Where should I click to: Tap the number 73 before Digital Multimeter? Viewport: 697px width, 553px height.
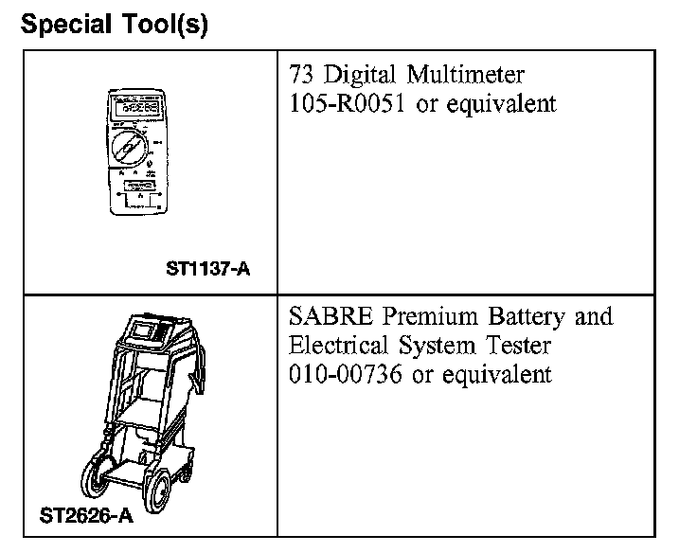point(300,76)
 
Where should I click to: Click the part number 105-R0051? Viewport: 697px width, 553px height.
point(348,103)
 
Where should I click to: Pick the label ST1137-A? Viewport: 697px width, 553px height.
point(208,270)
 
